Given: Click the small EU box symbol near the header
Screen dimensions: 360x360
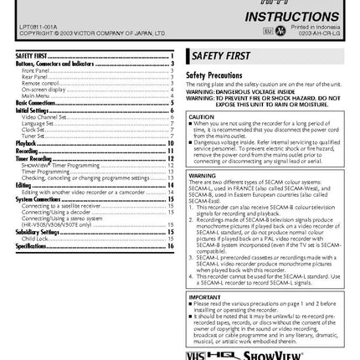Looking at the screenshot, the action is click(291, 30).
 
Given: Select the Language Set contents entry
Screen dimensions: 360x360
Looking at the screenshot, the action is click(34, 123).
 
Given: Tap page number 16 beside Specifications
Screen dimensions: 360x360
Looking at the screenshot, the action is click(171, 245).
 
